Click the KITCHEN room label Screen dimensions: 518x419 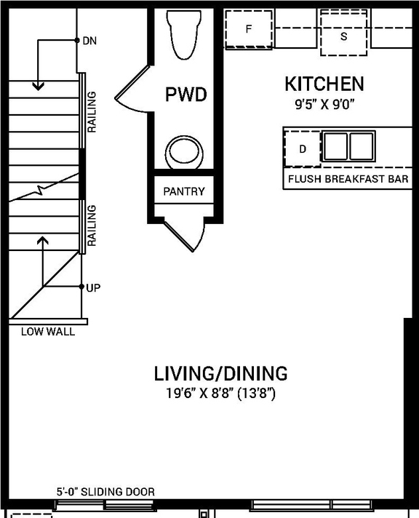324,84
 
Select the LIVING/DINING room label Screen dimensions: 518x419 220,374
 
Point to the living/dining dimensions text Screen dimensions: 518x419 220,394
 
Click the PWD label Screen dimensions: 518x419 185,95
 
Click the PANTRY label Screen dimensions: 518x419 184,192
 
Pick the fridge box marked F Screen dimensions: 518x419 248,30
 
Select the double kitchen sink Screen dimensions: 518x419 348,146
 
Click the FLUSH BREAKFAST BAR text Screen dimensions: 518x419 348,179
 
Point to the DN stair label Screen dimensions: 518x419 89,41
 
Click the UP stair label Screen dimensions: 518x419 92,287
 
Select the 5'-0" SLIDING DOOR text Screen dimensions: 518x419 105,492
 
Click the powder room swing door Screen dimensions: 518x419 132,90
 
